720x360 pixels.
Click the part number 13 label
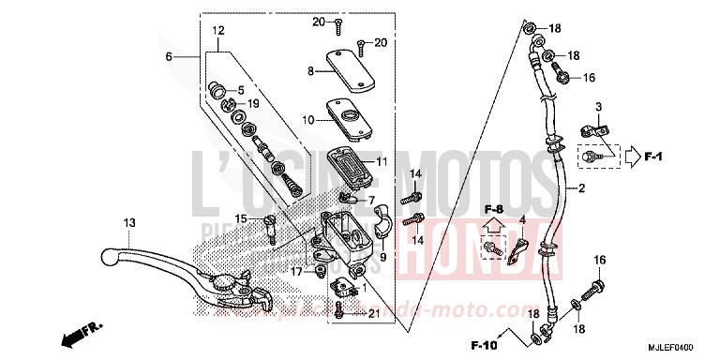[x=129, y=221]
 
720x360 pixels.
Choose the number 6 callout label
[x=170, y=57]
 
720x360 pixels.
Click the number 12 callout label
[x=217, y=31]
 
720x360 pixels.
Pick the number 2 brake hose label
[x=581, y=188]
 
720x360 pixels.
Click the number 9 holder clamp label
[x=383, y=231]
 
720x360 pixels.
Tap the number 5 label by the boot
[x=240, y=90]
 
